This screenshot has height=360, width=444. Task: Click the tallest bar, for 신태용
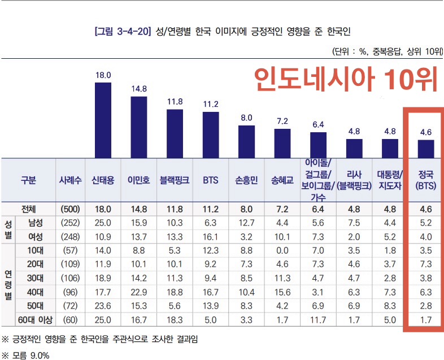coord(103,120)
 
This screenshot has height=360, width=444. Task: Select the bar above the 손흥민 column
coord(246,141)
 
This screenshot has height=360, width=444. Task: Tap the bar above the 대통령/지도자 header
coord(390,149)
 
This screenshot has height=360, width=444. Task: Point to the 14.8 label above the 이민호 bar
coord(139,89)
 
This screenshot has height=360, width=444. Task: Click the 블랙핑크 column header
coord(175,180)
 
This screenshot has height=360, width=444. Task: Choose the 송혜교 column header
coord(282,180)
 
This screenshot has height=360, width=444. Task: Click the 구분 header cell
coord(28,180)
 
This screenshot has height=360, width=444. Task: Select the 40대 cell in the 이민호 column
coord(139,292)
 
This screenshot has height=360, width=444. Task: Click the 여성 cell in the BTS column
coord(211,236)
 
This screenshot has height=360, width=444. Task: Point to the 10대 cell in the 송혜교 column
coord(282,250)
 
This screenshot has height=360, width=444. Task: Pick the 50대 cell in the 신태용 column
coord(103,306)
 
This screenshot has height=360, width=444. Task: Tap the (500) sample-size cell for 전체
coord(71,209)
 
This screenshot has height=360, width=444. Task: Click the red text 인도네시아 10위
coord(345,80)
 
